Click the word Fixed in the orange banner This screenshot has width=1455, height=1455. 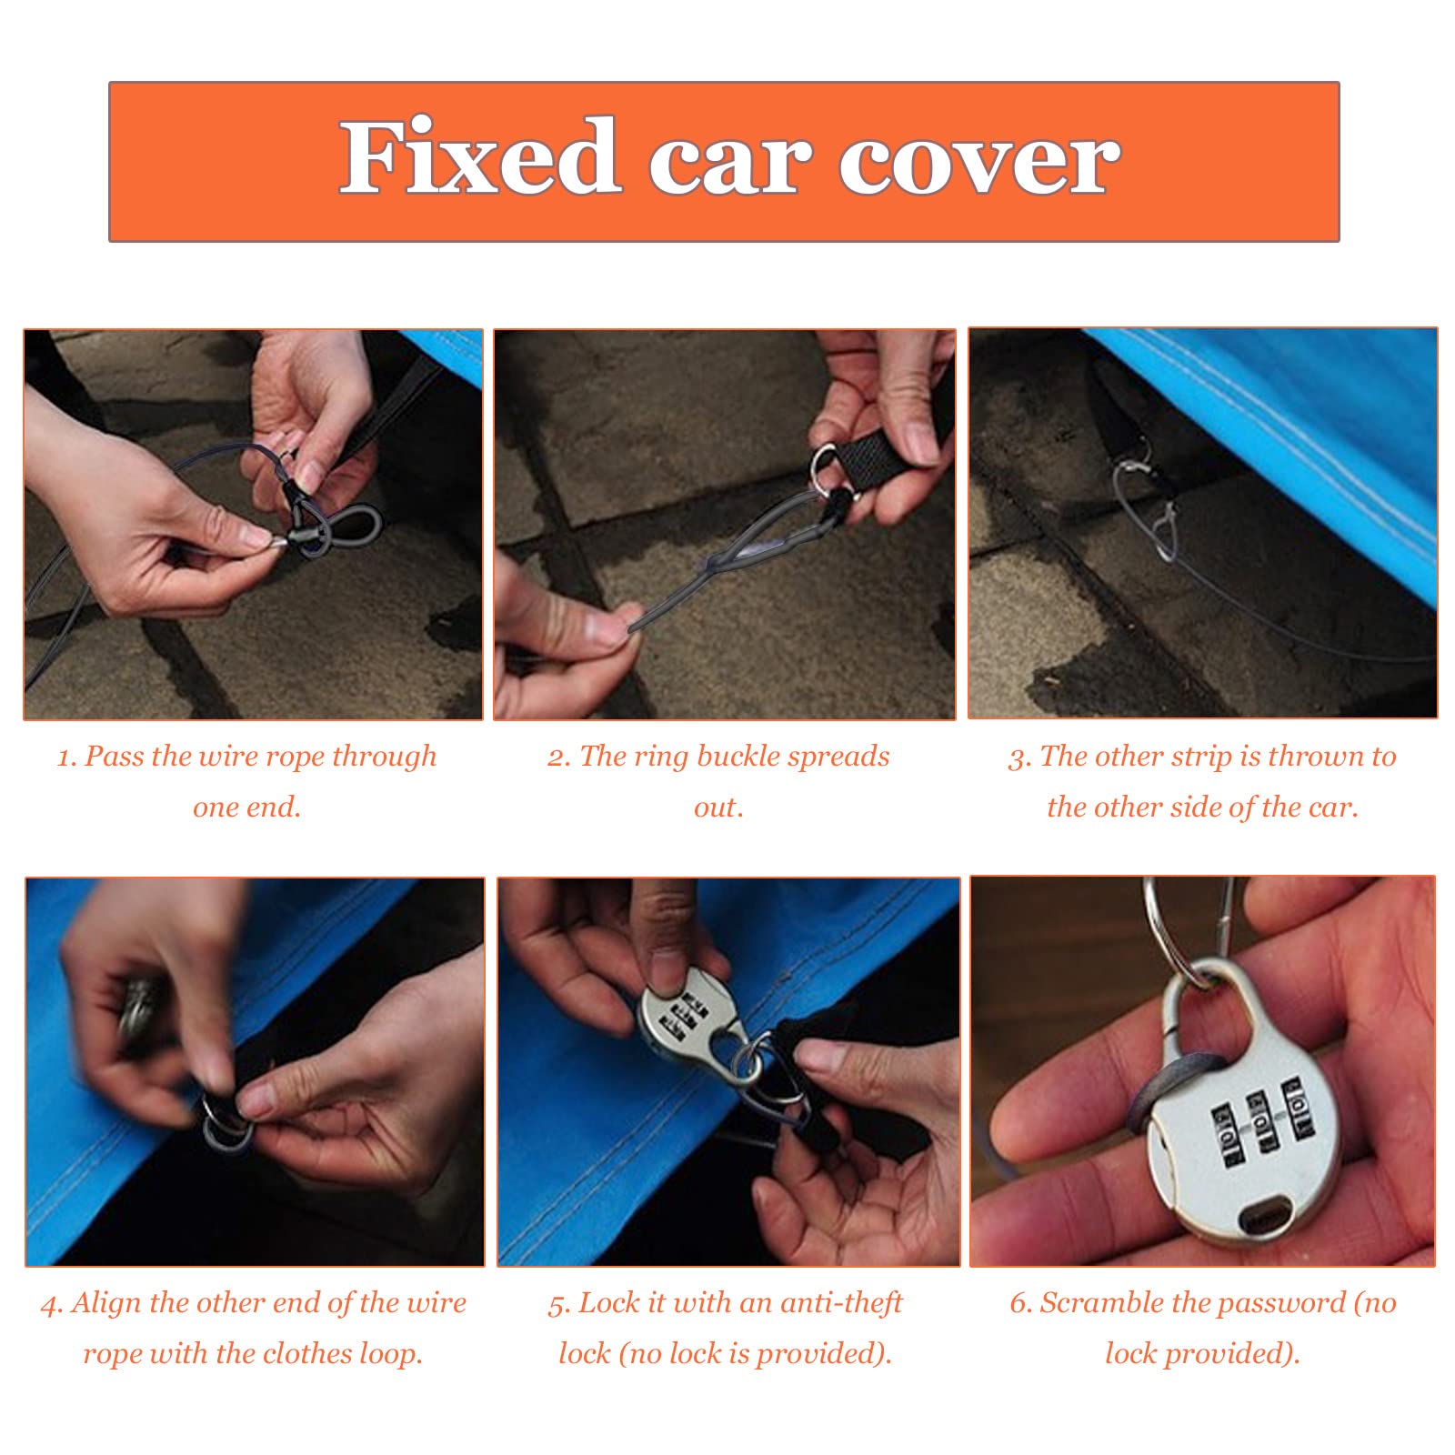click(x=480, y=156)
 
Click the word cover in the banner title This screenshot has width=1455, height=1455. click(x=979, y=161)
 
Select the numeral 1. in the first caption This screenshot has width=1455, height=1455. click(x=66, y=757)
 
